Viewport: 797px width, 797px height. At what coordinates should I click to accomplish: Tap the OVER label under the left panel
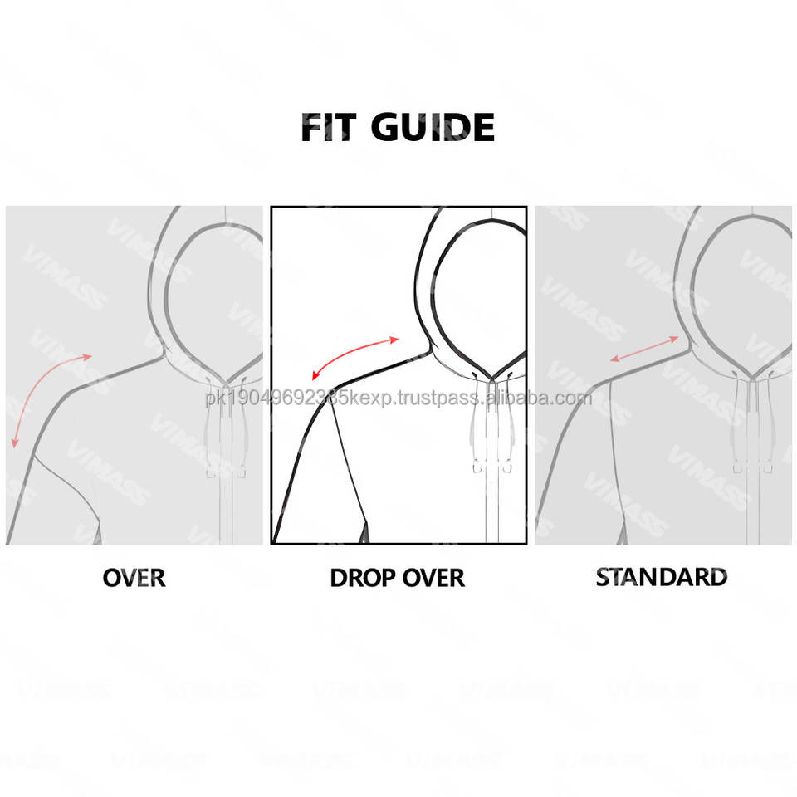pyautogui.click(x=134, y=577)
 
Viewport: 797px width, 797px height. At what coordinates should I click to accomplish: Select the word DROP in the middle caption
pyautogui.click(x=361, y=577)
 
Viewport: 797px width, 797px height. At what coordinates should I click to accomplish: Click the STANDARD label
pyautogui.click(x=661, y=576)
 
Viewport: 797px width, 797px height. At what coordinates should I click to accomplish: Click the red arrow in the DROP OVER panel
pyautogui.click(x=349, y=360)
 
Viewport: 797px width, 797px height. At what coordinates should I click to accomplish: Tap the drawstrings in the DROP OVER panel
pyautogui.click(x=493, y=423)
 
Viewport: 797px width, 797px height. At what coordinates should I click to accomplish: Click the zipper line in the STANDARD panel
pyautogui.click(x=751, y=506)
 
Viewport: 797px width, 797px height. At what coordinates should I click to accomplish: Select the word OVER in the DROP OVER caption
pyautogui.click(x=433, y=577)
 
